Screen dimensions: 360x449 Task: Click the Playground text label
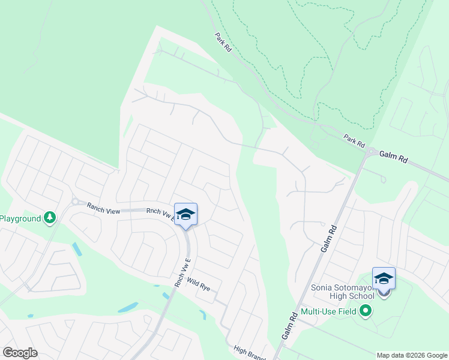20,218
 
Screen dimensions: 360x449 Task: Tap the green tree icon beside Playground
50,218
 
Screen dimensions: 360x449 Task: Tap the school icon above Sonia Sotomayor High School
384,278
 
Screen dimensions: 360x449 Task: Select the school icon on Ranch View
185,215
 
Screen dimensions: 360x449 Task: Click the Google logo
20,353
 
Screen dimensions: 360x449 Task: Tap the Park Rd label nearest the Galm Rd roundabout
354,142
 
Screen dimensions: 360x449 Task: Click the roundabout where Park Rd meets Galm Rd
372,152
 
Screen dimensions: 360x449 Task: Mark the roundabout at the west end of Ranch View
76,202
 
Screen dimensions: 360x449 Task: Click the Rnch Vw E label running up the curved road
182,272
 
